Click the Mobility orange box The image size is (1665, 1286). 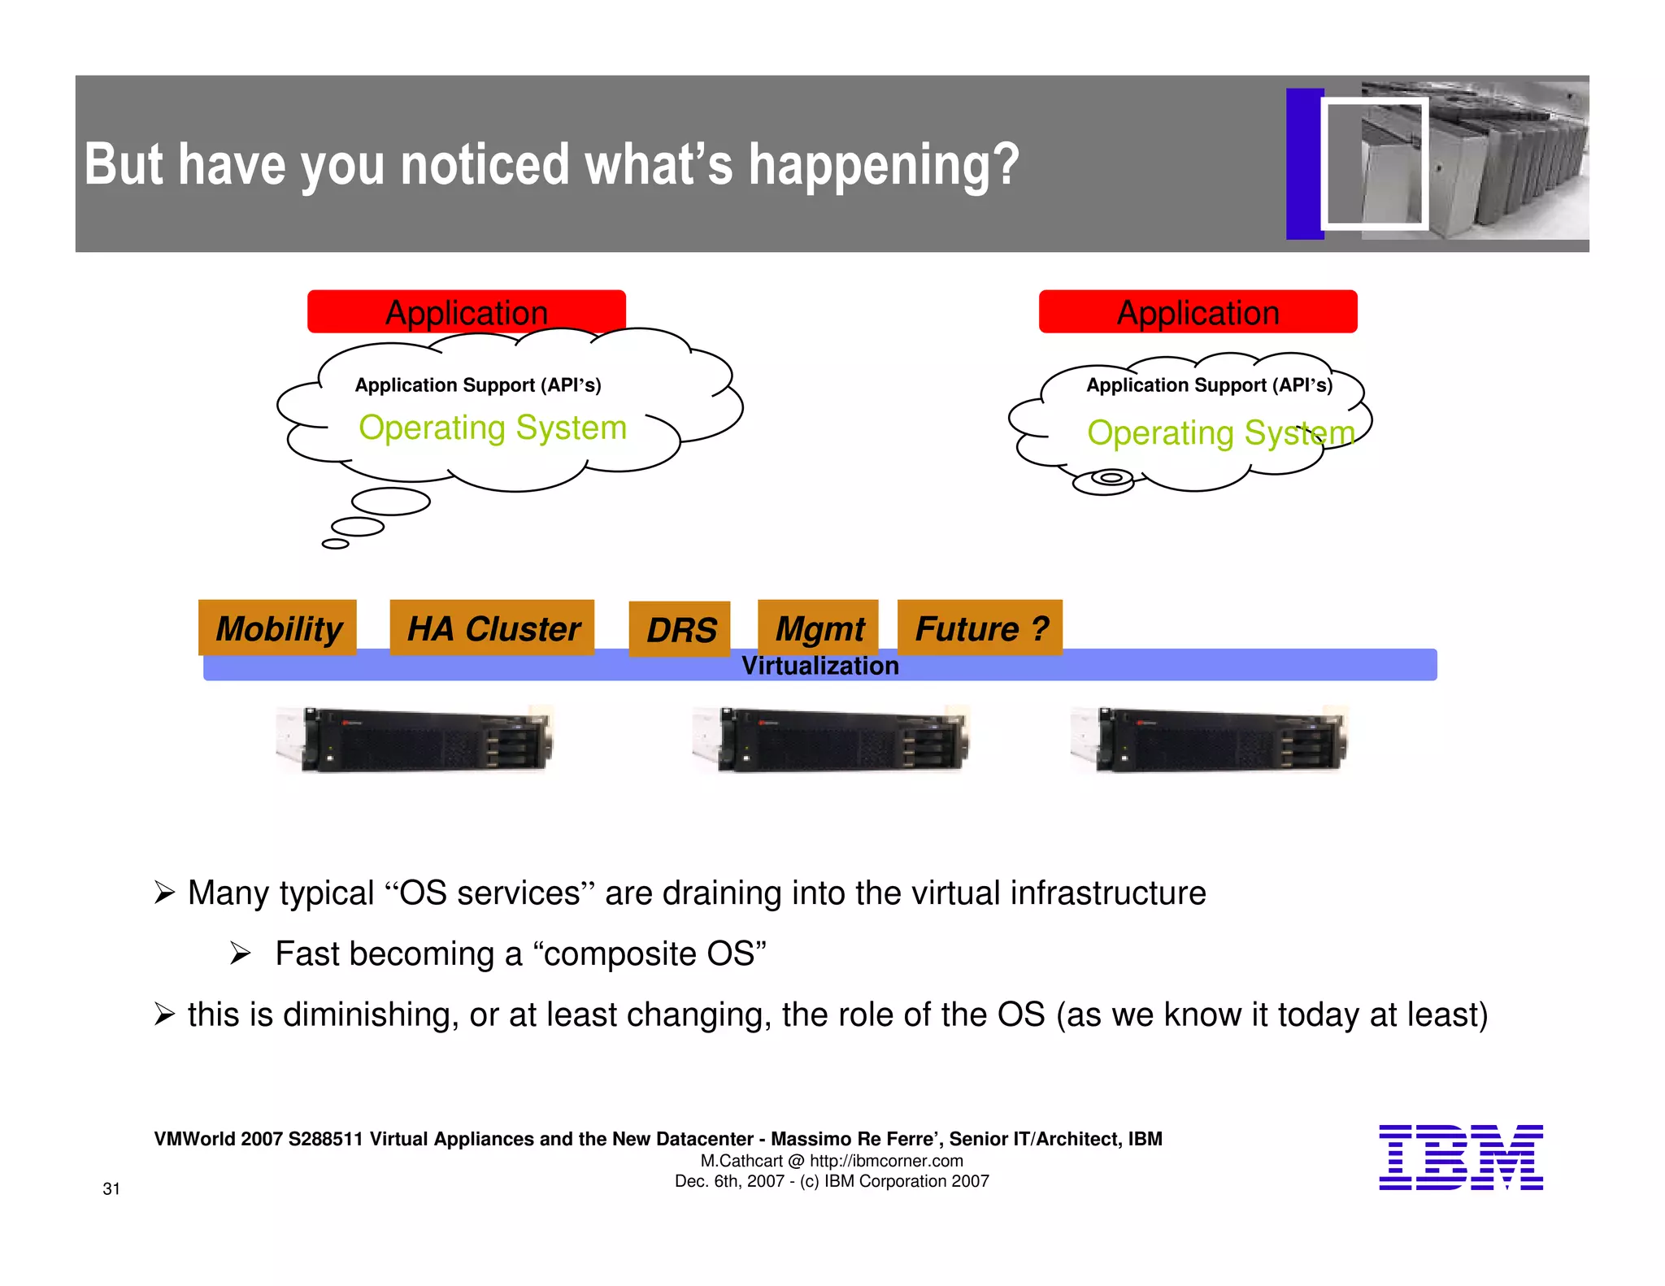click(x=277, y=628)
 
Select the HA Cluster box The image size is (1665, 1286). click(x=492, y=628)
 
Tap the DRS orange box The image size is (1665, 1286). click(x=680, y=629)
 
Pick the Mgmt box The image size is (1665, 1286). click(x=818, y=628)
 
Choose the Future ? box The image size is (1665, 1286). click(x=980, y=628)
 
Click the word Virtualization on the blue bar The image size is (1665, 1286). click(x=819, y=666)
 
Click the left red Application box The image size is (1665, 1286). click(x=466, y=311)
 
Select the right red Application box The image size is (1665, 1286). click(x=1198, y=311)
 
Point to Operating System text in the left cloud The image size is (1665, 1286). click(x=493, y=428)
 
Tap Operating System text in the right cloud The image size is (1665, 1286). click(x=1220, y=432)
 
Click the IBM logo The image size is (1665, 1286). click(x=1460, y=1158)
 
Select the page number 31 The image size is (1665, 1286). click(x=111, y=1188)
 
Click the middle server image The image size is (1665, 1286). click(x=831, y=739)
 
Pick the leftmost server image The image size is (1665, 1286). click(x=415, y=739)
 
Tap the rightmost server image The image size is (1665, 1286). click(x=1209, y=739)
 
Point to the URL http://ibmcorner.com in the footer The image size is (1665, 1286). click(x=886, y=1161)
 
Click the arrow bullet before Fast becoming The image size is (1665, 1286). click(x=240, y=953)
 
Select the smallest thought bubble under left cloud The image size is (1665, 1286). click(x=335, y=544)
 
